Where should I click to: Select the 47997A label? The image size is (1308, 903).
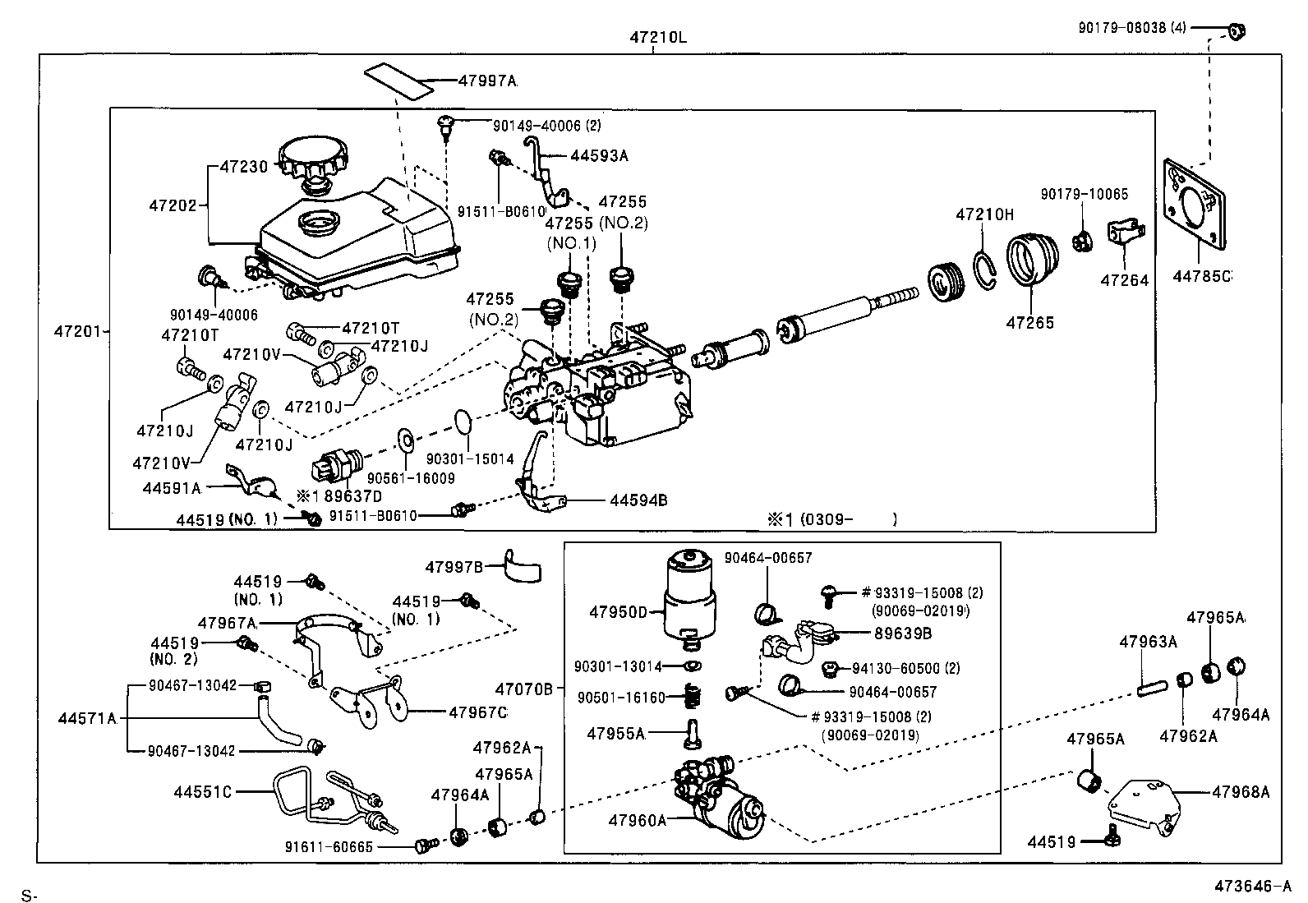[x=487, y=81]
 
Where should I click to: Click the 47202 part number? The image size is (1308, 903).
[x=173, y=205]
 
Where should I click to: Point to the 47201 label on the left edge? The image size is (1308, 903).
[x=78, y=332]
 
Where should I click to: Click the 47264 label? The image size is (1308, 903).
[x=1124, y=280]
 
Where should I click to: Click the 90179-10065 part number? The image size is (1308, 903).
[x=1084, y=195]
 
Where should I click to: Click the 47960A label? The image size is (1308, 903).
[x=638, y=819]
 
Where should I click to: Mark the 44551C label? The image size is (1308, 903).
[x=202, y=792]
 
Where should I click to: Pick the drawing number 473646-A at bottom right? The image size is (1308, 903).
[x=1253, y=887]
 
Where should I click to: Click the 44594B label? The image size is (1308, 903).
[x=638, y=500]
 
